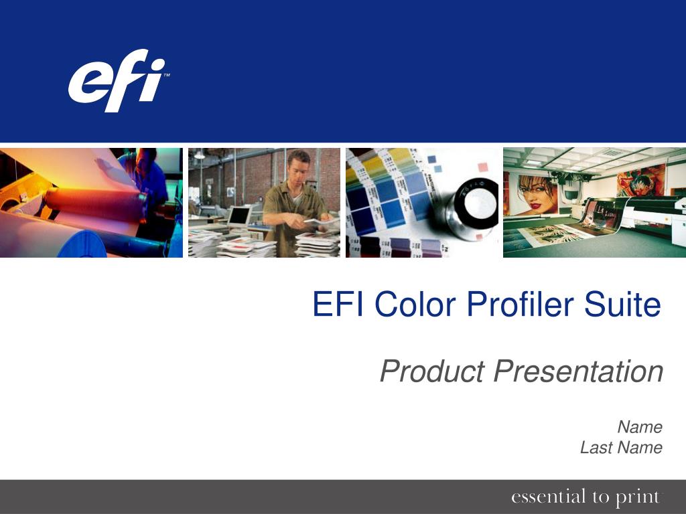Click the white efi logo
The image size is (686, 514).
pos(117,80)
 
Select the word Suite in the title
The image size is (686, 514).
pos(622,304)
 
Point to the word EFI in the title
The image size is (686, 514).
pos(338,304)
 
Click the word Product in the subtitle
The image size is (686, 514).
pos(433,371)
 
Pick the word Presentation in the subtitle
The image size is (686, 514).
pos(578,371)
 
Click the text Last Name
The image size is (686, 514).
pos(621,447)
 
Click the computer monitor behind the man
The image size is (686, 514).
pos(239,216)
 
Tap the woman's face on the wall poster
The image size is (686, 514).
pos(534,193)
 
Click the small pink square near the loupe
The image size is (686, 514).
pos(482,167)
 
